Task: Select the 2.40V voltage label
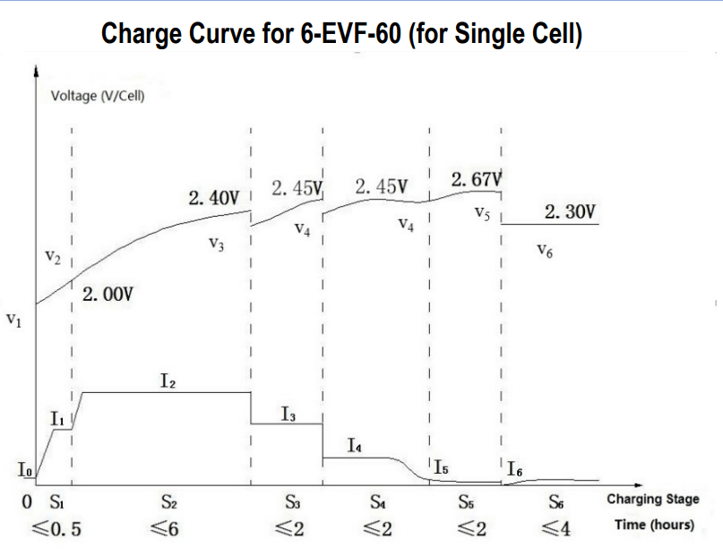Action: [x=215, y=197]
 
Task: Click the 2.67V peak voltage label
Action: [x=477, y=180]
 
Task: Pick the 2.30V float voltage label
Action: [x=570, y=212]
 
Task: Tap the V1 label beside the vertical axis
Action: [x=13, y=319]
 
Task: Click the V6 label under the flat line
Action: [x=544, y=251]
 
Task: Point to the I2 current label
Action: [x=168, y=381]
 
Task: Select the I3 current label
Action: [x=288, y=414]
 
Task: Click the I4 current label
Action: [x=355, y=445]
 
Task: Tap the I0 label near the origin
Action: [x=24, y=468]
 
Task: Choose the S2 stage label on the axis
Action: [x=168, y=501]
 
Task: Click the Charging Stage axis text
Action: [x=652, y=500]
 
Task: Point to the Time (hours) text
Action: [x=653, y=525]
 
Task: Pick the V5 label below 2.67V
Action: [x=481, y=214]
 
